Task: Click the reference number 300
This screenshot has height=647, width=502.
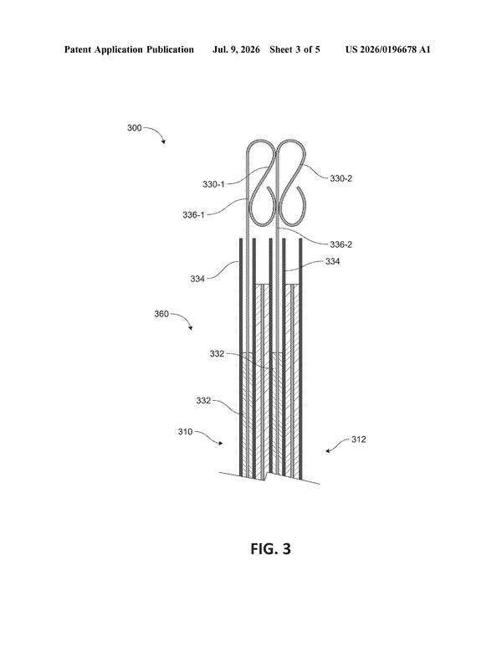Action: coord(134,128)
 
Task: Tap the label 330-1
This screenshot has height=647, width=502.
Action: coord(213,184)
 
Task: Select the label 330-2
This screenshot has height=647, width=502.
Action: coord(341,178)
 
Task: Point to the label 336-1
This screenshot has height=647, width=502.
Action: coord(193,214)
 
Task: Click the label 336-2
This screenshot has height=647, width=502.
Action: coord(341,244)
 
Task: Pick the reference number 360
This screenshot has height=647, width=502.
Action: coord(161,314)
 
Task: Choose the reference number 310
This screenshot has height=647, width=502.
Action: coord(185,432)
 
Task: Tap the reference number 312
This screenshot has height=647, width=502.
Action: coord(358,439)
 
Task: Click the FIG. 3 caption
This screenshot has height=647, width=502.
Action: coord(270,549)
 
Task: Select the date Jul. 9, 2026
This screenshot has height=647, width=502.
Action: coord(236,50)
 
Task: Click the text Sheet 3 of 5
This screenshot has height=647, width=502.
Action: coord(295,50)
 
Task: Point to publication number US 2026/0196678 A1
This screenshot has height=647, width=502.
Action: coord(387,50)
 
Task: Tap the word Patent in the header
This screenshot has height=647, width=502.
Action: coord(78,50)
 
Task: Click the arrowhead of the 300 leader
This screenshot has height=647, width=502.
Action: coord(164,142)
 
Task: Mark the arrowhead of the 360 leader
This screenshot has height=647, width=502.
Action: coord(191,328)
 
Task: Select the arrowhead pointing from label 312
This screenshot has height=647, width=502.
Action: coord(327,451)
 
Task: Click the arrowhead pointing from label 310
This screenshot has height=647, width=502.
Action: coord(221,443)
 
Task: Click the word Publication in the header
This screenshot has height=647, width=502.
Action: coord(170,50)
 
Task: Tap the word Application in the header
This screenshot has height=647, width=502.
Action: coord(119,50)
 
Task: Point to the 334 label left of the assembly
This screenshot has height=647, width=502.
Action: coord(197,279)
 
